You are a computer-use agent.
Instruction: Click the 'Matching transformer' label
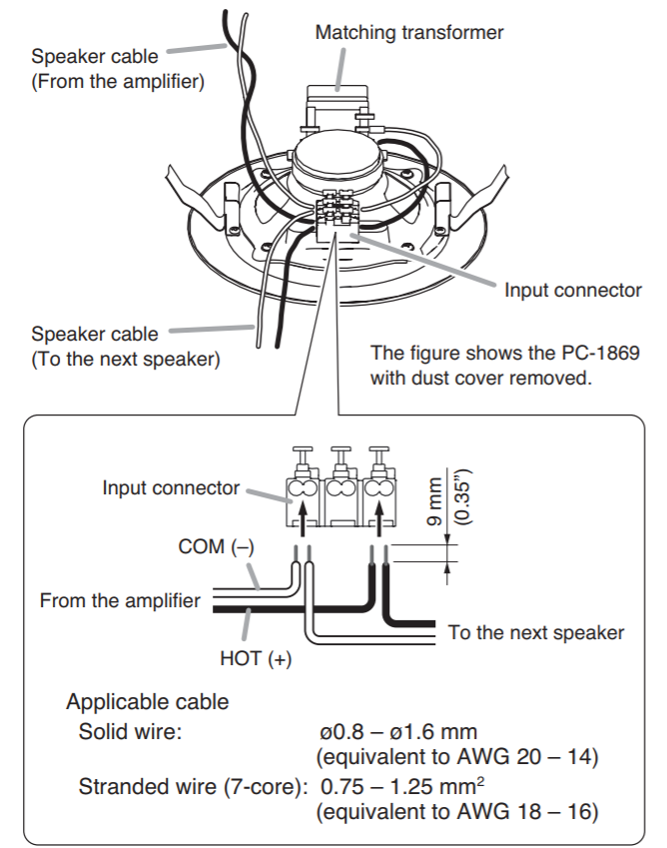tap(409, 33)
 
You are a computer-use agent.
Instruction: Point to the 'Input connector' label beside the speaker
tap(572, 291)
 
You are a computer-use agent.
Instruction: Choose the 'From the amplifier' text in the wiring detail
tap(119, 601)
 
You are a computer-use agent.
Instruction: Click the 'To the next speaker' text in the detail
tap(535, 632)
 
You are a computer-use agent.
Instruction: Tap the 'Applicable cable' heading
tap(147, 702)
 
